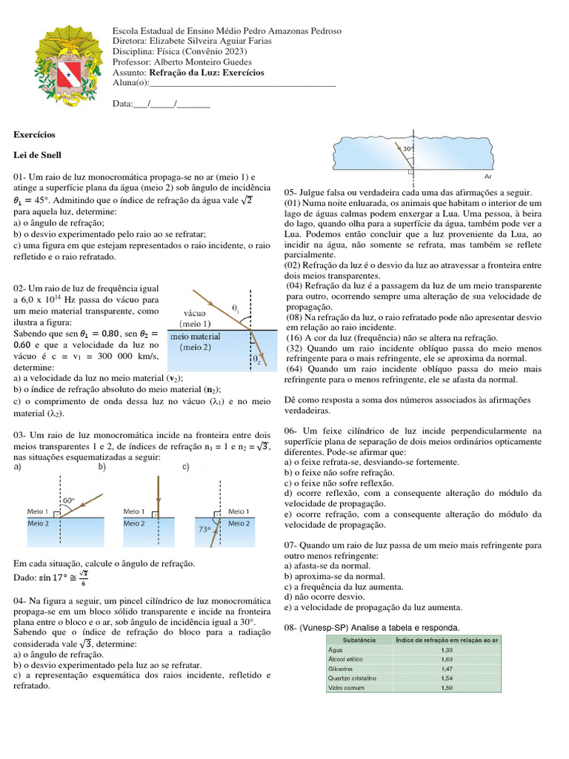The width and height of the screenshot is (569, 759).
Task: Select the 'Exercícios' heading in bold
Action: (x=35, y=135)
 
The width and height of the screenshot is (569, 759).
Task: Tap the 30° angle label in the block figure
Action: (x=407, y=148)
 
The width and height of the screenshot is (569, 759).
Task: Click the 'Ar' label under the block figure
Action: (x=488, y=177)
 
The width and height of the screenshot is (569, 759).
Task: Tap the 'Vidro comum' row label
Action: (x=346, y=687)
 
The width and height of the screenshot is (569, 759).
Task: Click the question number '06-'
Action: (x=291, y=431)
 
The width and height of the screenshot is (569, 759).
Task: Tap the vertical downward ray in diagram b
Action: (x=159, y=493)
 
